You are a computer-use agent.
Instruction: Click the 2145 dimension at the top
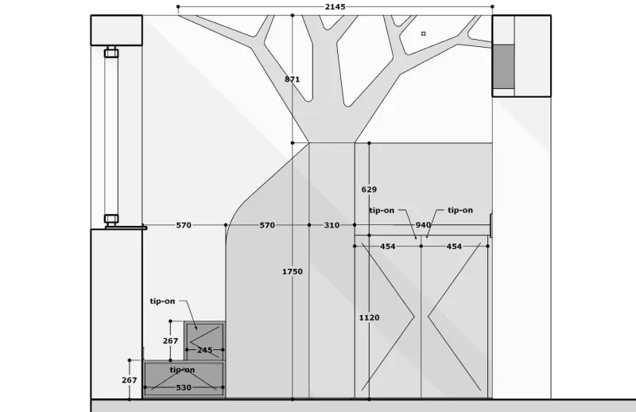pos(335,7)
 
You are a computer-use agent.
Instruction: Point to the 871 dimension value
pos(292,80)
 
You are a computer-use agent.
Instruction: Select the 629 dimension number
pos(369,189)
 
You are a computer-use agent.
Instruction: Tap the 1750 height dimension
pos(293,271)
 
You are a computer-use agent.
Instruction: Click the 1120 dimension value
pos(369,317)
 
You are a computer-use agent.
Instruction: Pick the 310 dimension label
pos(332,225)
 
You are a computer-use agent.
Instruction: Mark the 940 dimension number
pos(423,225)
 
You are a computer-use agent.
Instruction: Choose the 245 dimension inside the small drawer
pos(205,350)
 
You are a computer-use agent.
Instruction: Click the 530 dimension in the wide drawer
pos(184,387)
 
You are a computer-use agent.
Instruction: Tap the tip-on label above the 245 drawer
pos(162,301)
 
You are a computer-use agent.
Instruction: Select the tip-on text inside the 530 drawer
pos(182,370)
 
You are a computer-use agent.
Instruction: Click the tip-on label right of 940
pos(460,210)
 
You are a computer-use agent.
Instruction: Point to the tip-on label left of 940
pos(382,210)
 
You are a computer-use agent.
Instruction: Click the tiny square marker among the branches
pos(424,33)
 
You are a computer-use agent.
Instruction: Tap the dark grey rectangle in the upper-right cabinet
pos(503,67)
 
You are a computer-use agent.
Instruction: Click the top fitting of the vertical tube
pos(111,52)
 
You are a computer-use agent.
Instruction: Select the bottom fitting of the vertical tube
pos(111,220)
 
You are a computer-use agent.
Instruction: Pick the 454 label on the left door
pos(388,247)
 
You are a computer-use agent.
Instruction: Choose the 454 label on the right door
pos(454,247)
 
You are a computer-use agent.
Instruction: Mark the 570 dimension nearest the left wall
pos(184,225)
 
